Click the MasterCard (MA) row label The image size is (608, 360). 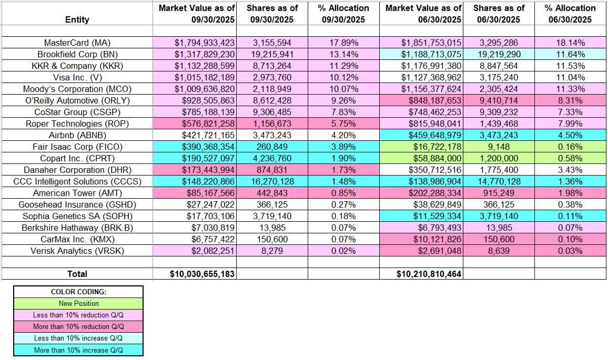(77, 43)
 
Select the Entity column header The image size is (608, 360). (77, 19)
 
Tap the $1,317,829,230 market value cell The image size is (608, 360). (194, 54)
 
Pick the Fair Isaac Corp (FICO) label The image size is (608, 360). (77, 147)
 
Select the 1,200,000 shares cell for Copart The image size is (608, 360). (499, 158)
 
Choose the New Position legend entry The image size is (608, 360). (78, 303)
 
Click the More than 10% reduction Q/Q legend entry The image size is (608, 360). (78, 327)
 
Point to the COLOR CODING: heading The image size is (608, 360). (78, 292)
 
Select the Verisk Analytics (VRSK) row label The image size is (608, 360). (77, 251)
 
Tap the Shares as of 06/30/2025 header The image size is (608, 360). (499, 14)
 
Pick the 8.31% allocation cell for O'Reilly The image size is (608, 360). (571, 100)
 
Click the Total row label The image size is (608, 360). (77, 274)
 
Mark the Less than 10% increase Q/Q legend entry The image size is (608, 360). (78, 338)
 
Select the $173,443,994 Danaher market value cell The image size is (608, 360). (194, 170)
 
